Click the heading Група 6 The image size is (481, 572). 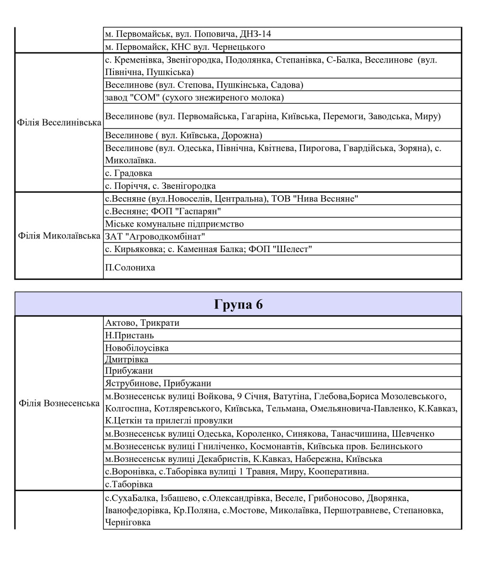click(x=239, y=305)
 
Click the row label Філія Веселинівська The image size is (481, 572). click(x=59, y=122)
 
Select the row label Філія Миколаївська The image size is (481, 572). click(x=59, y=236)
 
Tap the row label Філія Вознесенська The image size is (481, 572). click(x=59, y=403)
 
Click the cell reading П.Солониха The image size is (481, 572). click(x=130, y=267)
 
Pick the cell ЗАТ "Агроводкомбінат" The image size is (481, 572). click(x=155, y=236)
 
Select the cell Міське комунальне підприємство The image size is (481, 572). click(x=174, y=224)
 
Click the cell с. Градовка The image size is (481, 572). click(x=128, y=173)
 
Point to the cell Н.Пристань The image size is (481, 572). click(x=129, y=335)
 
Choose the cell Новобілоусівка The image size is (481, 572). click(x=137, y=347)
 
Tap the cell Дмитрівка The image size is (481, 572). click(x=127, y=359)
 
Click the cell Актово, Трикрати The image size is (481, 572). click(x=142, y=323)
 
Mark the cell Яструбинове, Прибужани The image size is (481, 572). click(x=158, y=383)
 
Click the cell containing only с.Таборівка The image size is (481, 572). click(x=128, y=484)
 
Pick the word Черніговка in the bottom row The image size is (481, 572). click(x=127, y=522)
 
